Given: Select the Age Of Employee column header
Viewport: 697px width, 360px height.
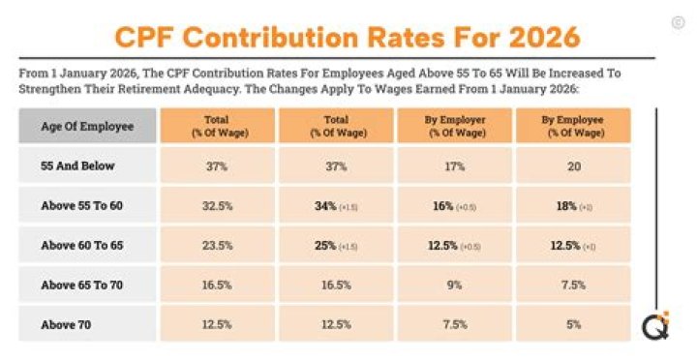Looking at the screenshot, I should pyautogui.click(x=87, y=126).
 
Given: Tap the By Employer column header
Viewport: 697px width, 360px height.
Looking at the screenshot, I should pyautogui.click(x=455, y=126).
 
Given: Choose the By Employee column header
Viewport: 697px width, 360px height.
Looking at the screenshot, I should pyautogui.click(x=574, y=126).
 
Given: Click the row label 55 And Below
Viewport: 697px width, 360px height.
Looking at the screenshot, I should pyautogui.click(x=77, y=165).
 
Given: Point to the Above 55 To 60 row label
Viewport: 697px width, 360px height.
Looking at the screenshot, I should pyautogui.click(x=82, y=205).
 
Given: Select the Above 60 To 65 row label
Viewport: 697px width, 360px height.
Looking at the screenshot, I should pyautogui.click(x=82, y=246).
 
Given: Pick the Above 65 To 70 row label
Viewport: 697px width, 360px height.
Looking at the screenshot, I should pyautogui.click(x=82, y=285).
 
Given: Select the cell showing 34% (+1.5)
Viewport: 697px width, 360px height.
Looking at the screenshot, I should pyautogui.click(x=336, y=205).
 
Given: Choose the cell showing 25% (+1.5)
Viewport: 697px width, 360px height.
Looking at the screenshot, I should pyautogui.click(x=336, y=246).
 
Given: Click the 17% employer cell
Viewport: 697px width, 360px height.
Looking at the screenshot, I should pyautogui.click(x=455, y=165).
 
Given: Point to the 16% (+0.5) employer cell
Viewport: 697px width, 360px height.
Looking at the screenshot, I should pyautogui.click(x=455, y=205).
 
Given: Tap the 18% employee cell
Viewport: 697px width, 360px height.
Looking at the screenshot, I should pyautogui.click(x=574, y=205).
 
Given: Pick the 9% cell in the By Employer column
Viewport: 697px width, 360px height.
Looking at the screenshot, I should pyautogui.click(x=455, y=285).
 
